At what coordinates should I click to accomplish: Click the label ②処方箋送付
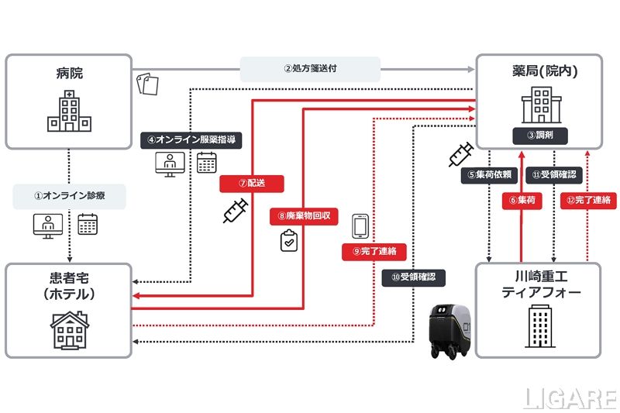(x=310, y=68)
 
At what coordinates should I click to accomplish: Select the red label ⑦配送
(x=251, y=184)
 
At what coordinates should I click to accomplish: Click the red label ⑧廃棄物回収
(x=304, y=216)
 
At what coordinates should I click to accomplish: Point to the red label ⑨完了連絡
(x=374, y=250)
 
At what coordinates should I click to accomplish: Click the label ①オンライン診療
(x=69, y=197)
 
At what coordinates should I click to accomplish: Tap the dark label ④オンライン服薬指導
(x=191, y=140)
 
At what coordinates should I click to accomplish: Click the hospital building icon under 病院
(x=69, y=110)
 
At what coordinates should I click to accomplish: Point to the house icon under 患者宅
(x=68, y=329)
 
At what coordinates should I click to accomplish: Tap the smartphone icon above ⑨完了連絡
(x=360, y=225)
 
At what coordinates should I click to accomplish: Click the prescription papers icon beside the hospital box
(x=147, y=83)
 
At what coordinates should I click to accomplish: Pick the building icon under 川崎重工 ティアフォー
(x=539, y=327)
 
